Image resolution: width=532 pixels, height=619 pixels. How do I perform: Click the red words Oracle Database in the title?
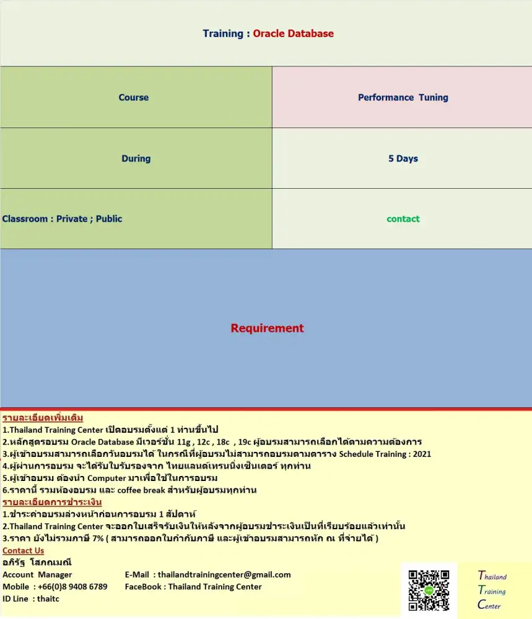pyautogui.click(x=293, y=33)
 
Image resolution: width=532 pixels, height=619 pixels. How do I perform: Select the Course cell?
pyautogui.click(x=134, y=97)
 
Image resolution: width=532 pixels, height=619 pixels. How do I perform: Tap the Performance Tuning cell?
pyautogui.click(x=403, y=97)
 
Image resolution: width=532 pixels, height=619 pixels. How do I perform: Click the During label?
pyautogui.click(x=136, y=158)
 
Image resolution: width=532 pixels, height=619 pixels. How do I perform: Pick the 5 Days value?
pyautogui.click(x=403, y=158)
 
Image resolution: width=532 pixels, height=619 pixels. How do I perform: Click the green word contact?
pyautogui.click(x=403, y=219)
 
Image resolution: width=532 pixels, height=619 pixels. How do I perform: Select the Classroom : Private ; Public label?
pyautogui.click(x=62, y=219)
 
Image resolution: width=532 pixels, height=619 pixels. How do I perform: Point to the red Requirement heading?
pyautogui.click(x=267, y=328)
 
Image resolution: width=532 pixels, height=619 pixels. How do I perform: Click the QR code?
pyautogui.click(x=429, y=591)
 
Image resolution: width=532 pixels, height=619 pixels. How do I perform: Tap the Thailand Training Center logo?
pyautogui.click(x=492, y=591)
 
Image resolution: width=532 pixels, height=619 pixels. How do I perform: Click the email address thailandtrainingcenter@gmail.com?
pyautogui.click(x=224, y=574)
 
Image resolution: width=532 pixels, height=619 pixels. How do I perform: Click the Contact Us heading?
pyautogui.click(x=23, y=550)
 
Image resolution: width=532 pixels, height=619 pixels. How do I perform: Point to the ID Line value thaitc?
pyautogui.click(x=48, y=599)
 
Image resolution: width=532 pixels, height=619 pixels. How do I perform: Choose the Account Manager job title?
pyautogui.click(x=37, y=574)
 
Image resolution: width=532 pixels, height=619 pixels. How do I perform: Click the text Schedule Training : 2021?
pyautogui.click(x=385, y=454)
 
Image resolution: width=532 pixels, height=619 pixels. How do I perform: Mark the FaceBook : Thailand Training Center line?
pyautogui.click(x=193, y=586)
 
